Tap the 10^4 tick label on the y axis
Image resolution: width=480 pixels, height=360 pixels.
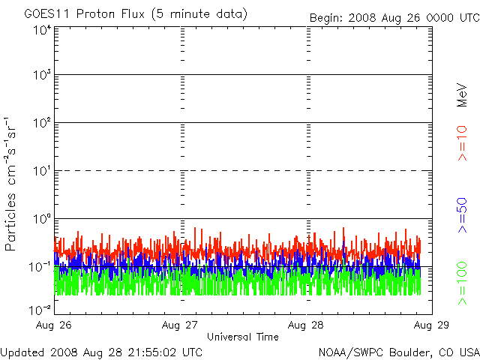(x=41, y=30)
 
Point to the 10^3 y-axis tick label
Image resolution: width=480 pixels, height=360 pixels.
(x=41, y=76)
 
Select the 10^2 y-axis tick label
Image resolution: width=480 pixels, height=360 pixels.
(x=41, y=123)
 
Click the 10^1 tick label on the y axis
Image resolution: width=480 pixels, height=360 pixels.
(x=41, y=171)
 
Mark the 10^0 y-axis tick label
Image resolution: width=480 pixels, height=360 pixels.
(x=41, y=219)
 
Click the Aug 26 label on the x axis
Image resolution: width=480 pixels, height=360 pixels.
(x=55, y=325)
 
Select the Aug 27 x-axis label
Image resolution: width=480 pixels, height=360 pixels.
(x=181, y=325)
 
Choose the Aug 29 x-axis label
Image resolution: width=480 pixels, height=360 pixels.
(x=432, y=325)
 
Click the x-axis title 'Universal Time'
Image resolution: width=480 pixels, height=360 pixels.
(x=243, y=337)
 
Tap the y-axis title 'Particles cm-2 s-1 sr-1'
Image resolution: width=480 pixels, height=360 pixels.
(x=13, y=184)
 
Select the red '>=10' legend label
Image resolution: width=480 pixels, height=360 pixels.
(x=462, y=143)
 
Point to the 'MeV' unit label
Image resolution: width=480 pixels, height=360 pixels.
(x=462, y=94)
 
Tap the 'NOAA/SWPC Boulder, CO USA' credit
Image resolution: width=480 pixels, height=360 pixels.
(x=398, y=352)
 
